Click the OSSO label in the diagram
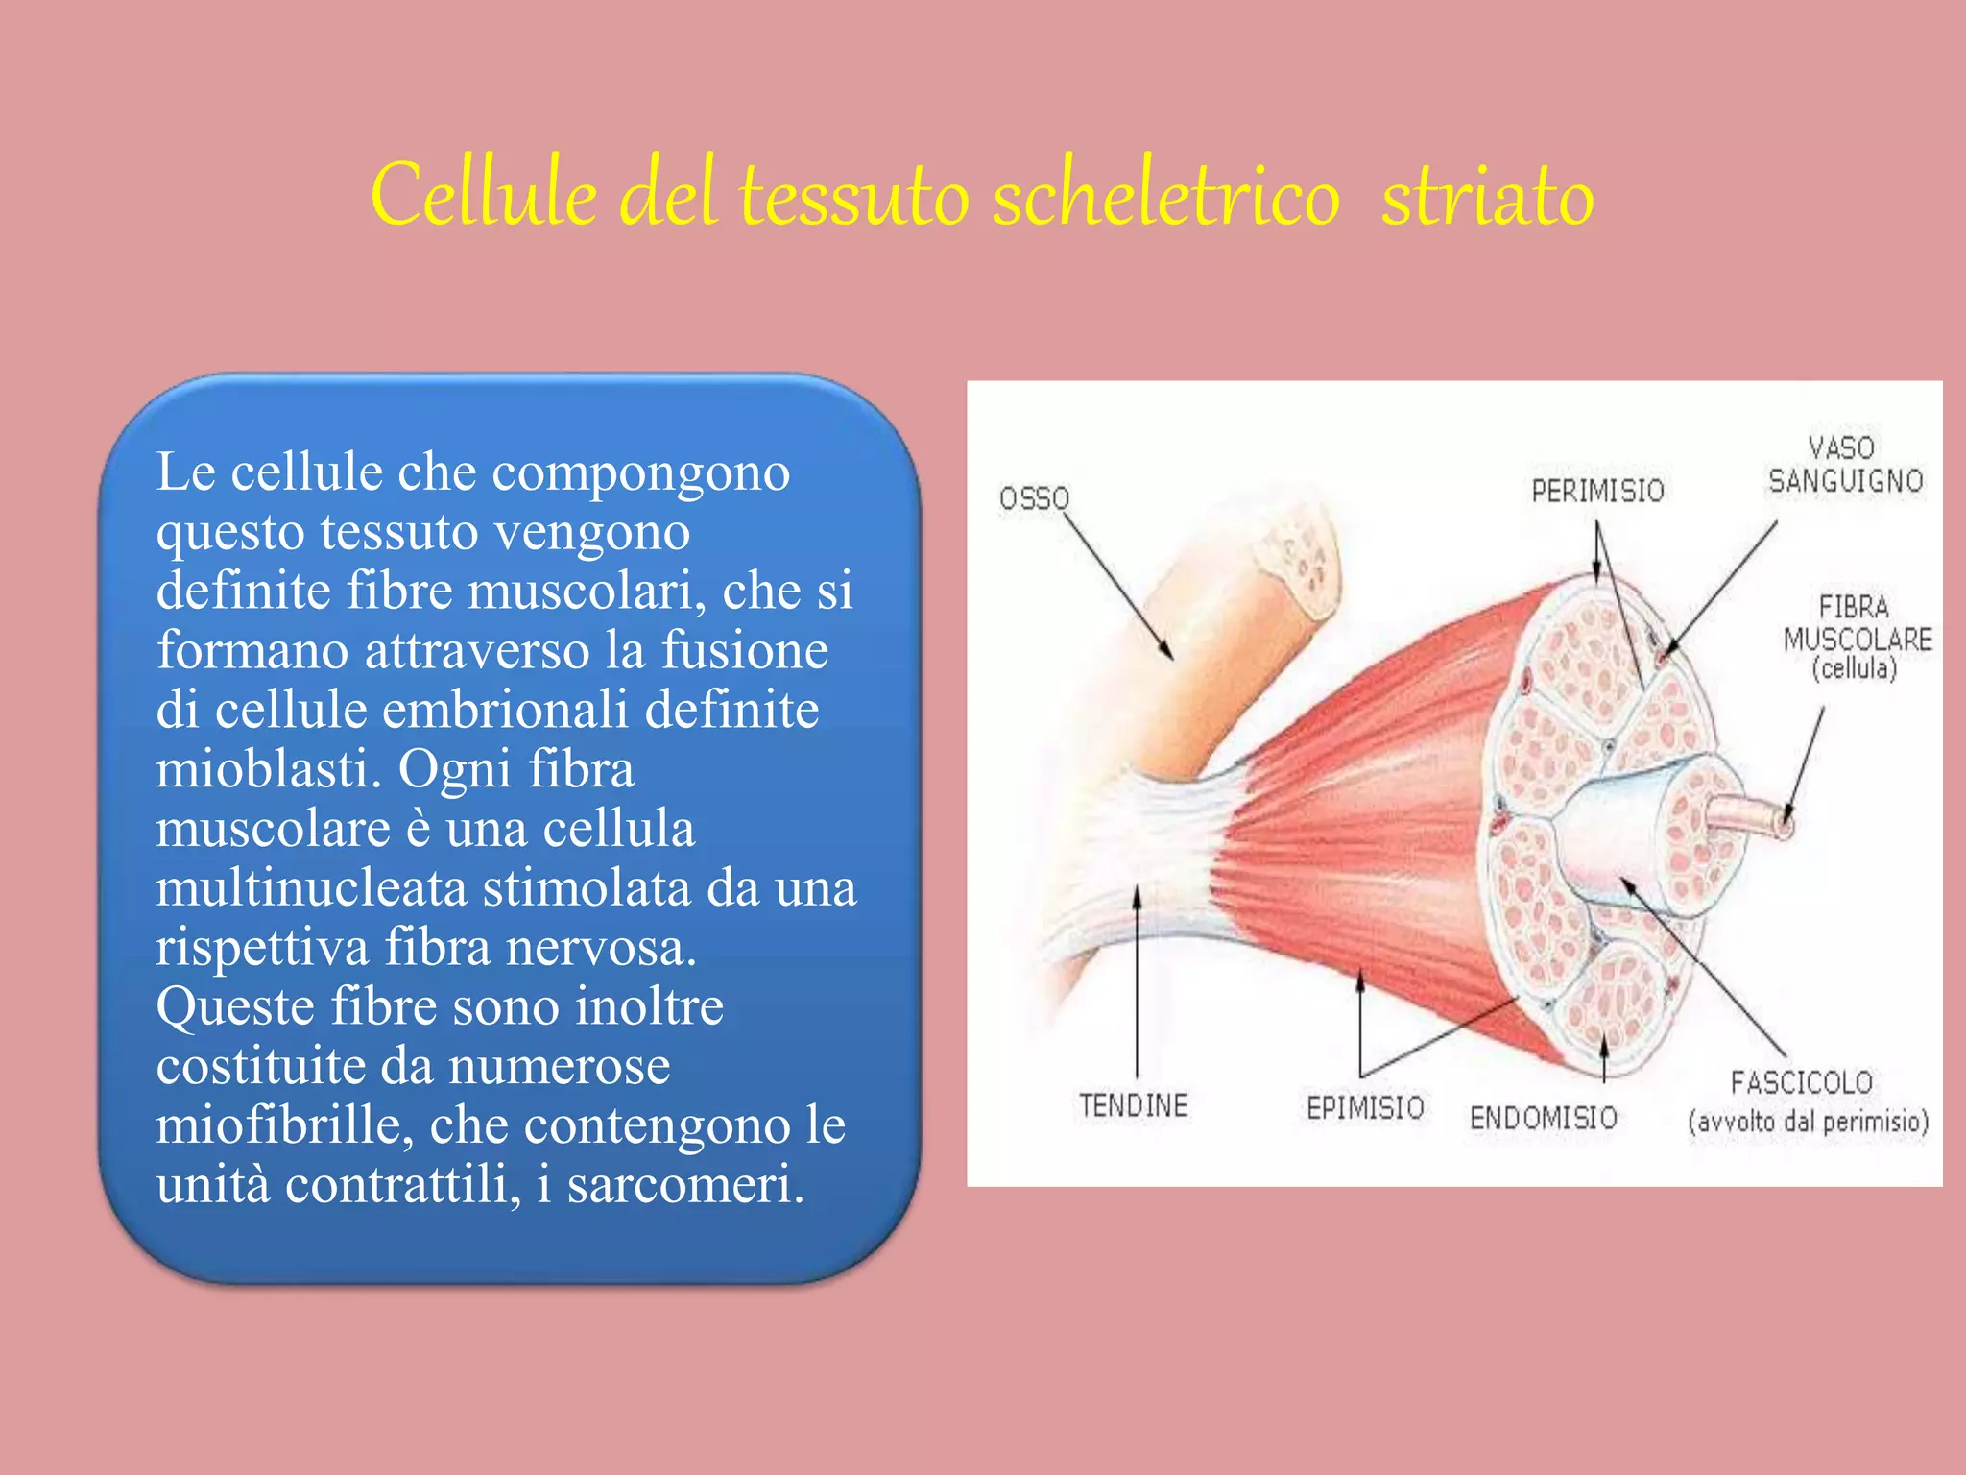pyautogui.click(x=1034, y=498)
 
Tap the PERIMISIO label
pyautogui.click(x=1597, y=491)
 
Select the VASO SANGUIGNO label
pyautogui.click(x=1845, y=465)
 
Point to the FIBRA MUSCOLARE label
pyautogui.click(x=1857, y=638)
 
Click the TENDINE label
pyautogui.click(x=1133, y=1105)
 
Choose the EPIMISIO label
pyautogui.click(x=1365, y=1107)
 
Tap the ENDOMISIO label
pyautogui.click(x=1544, y=1118)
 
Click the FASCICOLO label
pyautogui.click(x=1802, y=1083)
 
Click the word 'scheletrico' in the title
pyautogui.click(x=1165, y=196)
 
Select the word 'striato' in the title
pyautogui.click(x=1487, y=196)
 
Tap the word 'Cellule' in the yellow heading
pyautogui.click(x=484, y=196)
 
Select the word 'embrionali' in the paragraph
pyautogui.click(x=505, y=710)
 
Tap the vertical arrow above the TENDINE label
pyautogui.click(x=1138, y=979)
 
